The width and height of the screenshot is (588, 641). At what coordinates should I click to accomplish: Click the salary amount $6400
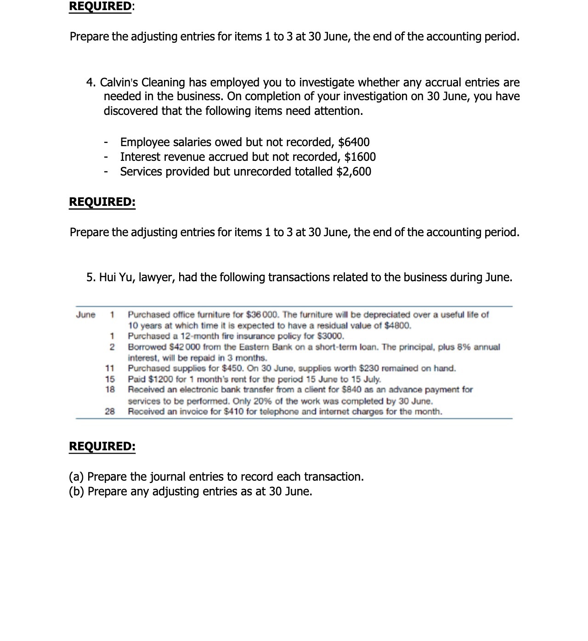(354, 142)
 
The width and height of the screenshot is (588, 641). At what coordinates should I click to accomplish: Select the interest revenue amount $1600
(360, 157)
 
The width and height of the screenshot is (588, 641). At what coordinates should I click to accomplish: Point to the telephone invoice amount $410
(233, 412)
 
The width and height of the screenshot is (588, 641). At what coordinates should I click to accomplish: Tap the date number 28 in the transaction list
(110, 412)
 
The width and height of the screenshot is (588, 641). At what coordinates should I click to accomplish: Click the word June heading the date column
(86, 315)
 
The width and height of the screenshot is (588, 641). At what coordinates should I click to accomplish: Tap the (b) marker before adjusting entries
(76, 492)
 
